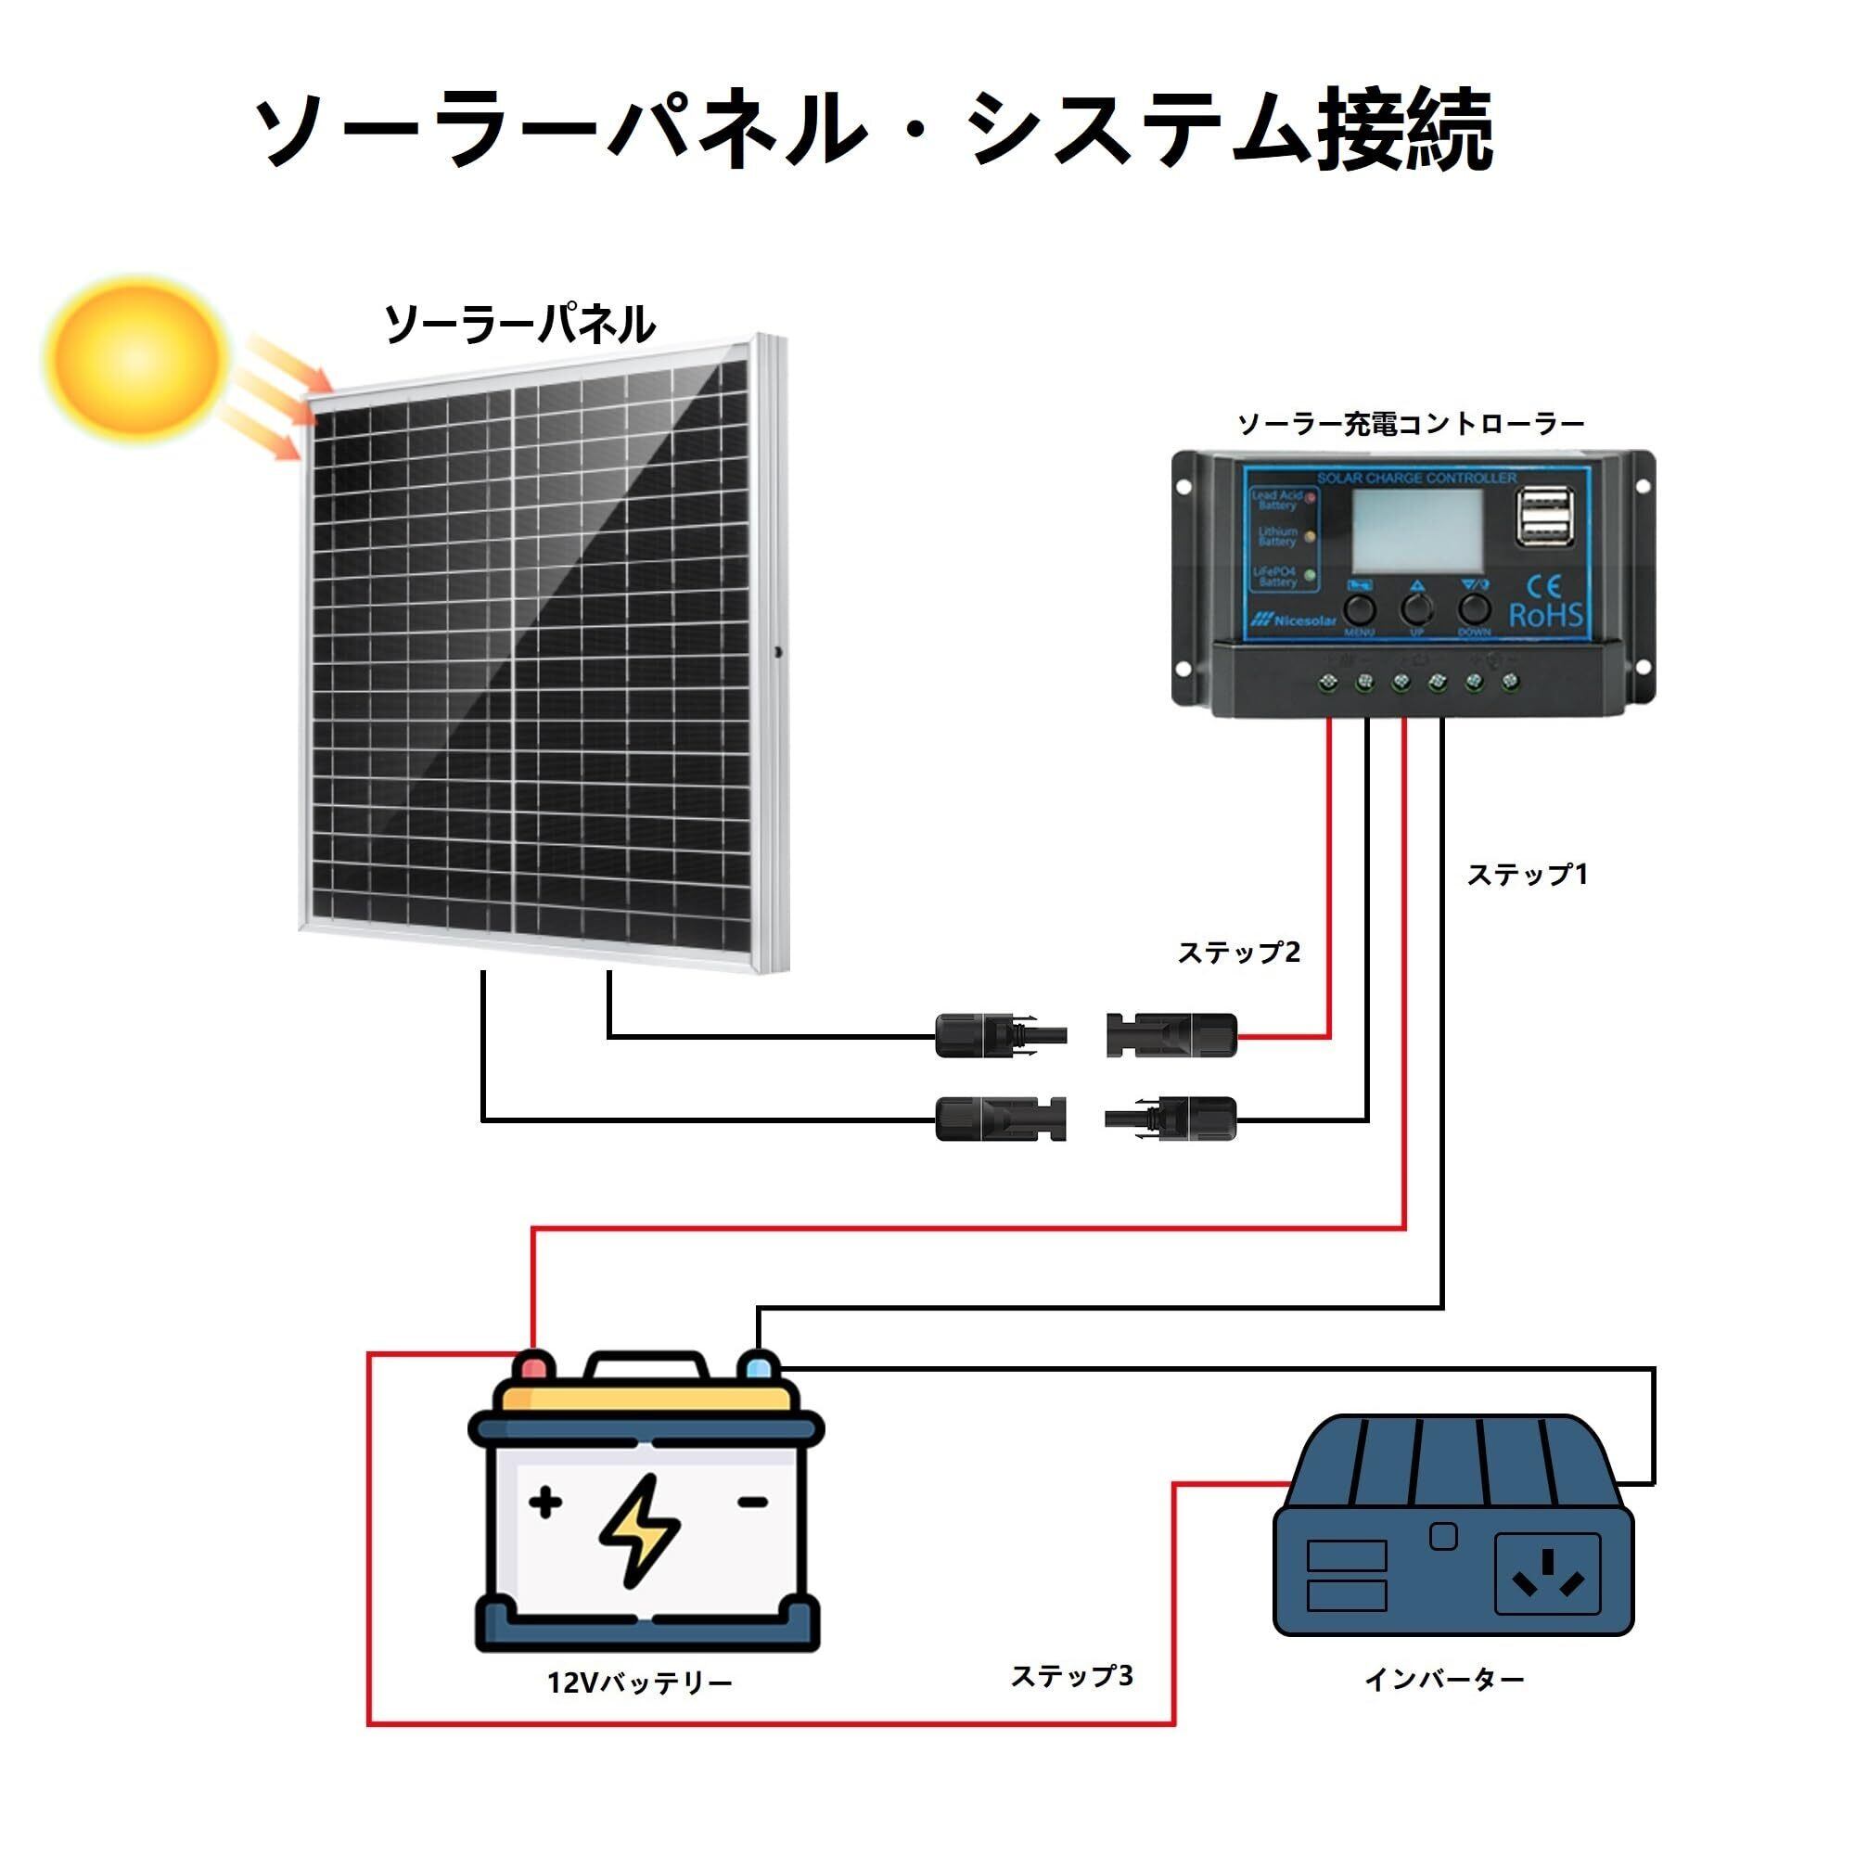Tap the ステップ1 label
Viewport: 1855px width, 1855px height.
tap(1527, 875)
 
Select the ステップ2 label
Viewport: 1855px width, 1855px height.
tap(1238, 953)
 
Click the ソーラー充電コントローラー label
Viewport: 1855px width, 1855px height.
tap(1411, 424)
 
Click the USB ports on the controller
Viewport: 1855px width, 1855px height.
tap(1546, 516)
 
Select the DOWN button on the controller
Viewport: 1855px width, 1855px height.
tap(1474, 608)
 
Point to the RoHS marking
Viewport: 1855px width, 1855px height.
tap(1545, 616)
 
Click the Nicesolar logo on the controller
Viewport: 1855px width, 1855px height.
tap(1294, 620)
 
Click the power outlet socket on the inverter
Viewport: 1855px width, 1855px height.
tap(1547, 1573)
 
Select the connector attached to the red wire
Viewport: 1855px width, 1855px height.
tap(1171, 1035)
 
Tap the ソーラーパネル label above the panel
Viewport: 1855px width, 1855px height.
tap(519, 325)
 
